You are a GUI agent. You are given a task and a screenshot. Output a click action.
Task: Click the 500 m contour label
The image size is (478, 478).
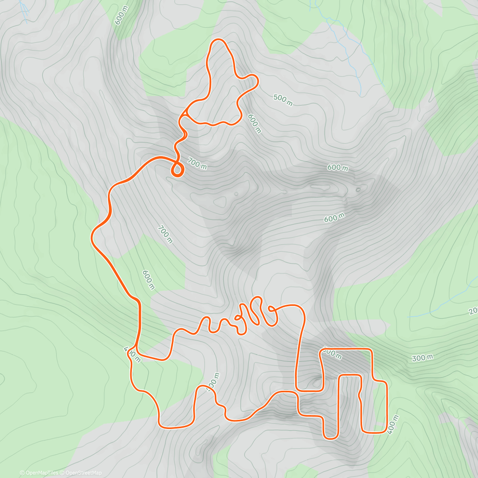click(283, 100)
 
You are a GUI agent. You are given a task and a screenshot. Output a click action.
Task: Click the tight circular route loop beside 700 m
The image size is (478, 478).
click(177, 170)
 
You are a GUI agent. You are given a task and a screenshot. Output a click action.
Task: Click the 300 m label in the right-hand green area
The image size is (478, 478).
click(422, 358)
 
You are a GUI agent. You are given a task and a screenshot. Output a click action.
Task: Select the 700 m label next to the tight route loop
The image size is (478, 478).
click(197, 163)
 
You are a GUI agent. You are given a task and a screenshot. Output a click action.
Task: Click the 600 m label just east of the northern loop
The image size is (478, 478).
click(254, 123)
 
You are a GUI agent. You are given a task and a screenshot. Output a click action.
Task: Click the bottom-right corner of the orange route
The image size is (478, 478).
click(386, 431)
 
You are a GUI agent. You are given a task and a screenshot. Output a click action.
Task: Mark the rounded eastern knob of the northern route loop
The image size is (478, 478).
click(255, 81)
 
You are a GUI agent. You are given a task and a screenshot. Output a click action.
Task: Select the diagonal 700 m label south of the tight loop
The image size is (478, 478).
click(165, 234)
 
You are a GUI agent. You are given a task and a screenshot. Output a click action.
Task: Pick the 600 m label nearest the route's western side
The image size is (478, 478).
click(148, 279)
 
